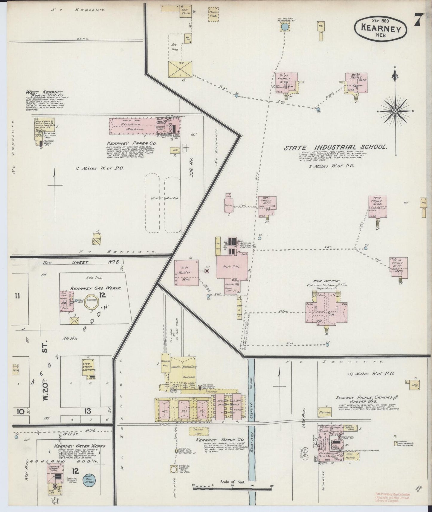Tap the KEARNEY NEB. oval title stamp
pos(380,27)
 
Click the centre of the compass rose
pos(395,111)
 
